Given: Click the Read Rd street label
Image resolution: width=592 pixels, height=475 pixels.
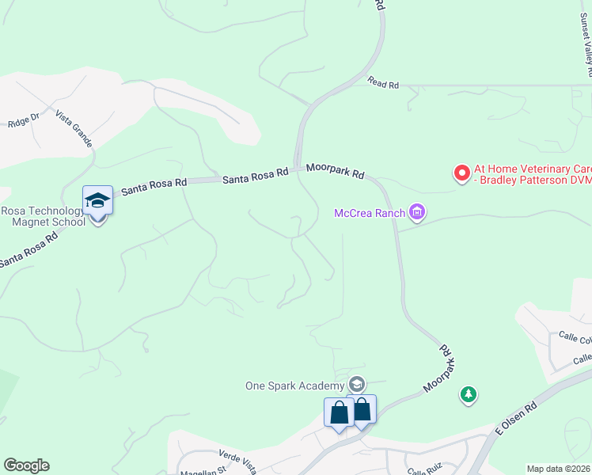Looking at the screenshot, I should point(383,82).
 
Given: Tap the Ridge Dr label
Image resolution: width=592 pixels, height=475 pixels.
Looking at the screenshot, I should point(23,121).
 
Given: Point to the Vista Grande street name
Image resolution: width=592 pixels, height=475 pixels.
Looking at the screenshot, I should point(74,129).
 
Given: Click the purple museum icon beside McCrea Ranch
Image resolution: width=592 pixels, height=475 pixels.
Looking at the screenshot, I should point(418,212).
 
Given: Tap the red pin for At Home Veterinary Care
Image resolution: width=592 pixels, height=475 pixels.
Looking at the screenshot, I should point(461,173).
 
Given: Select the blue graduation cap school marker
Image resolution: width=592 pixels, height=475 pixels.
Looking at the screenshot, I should point(97,200).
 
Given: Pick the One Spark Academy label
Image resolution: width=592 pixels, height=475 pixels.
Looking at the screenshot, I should point(294,386).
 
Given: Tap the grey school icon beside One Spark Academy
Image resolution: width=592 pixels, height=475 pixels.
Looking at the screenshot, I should point(357,385).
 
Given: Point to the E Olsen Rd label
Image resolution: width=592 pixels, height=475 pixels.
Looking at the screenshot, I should point(516,416).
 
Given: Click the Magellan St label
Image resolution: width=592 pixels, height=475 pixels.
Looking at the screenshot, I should point(205,470).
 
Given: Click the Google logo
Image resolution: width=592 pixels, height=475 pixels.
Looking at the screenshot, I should point(26,465).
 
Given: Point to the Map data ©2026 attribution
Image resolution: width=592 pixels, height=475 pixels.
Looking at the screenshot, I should point(558,469).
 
